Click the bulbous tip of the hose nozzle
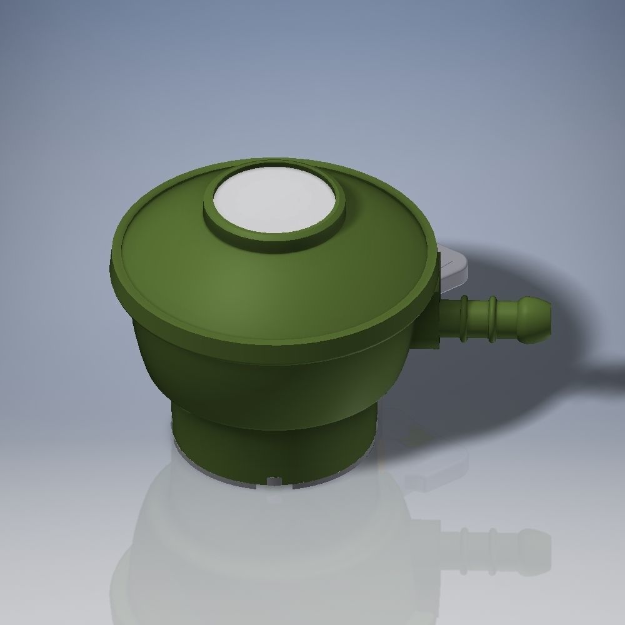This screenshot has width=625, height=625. click(x=536, y=319)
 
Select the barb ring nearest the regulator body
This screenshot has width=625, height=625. click(x=464, y=319)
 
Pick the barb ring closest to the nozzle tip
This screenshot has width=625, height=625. click(x=492, y=319)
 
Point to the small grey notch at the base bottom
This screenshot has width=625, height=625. click(x=274, y=481)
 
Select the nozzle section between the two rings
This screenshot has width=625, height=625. click(x=478, y=319)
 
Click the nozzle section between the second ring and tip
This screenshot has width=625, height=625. click(x=509, y=319)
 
